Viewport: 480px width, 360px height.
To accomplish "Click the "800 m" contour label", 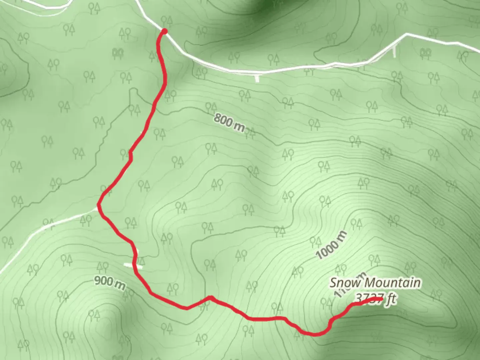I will coord(229,122).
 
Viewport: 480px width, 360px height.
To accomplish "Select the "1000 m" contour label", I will coord(332,245).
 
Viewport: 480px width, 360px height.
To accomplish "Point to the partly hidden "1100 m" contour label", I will coord(347,287).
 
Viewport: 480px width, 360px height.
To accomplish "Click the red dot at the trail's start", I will coord(164,32).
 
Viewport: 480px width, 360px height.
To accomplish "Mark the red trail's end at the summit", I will coord(381,299).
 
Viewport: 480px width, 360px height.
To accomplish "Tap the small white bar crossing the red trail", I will coord(133,265).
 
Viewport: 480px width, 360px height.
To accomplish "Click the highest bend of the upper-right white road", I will coord(406,34).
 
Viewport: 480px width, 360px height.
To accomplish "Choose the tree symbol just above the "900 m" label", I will coord(103,267).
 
